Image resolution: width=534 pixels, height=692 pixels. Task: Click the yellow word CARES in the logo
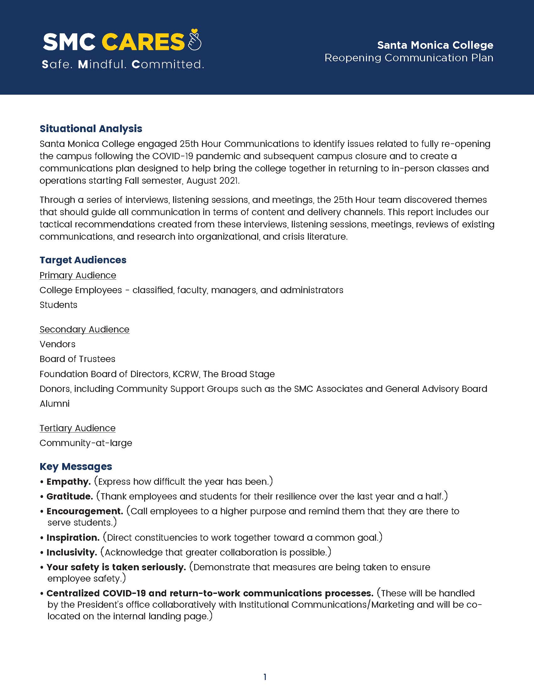point(143,42)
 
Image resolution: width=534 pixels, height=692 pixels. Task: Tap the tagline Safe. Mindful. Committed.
point(123,64)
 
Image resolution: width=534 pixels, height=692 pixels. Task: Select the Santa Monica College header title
point(435,45)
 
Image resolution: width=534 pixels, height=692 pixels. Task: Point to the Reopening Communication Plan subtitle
point(409,58)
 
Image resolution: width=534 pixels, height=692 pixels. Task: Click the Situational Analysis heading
point(91,129)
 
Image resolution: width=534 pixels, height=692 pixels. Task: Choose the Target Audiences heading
point(83,260)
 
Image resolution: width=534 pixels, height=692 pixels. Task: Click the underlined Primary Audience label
point(78,275)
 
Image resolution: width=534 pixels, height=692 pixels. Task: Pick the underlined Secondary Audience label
point(84,329)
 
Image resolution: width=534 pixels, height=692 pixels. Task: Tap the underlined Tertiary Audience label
point(78,428)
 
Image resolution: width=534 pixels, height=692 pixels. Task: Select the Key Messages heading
point(76,466)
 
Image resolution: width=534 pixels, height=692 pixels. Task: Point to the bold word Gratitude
point(70,496)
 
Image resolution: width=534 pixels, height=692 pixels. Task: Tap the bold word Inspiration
point(73,537)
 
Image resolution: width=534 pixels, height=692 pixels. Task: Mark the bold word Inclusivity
point(72,552)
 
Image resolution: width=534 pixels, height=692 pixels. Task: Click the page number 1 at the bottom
point(265,677)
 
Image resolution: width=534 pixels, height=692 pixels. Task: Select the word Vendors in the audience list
point(57,344)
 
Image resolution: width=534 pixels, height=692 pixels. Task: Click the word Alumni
point(54,403)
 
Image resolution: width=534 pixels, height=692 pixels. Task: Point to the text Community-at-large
point(86,443)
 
